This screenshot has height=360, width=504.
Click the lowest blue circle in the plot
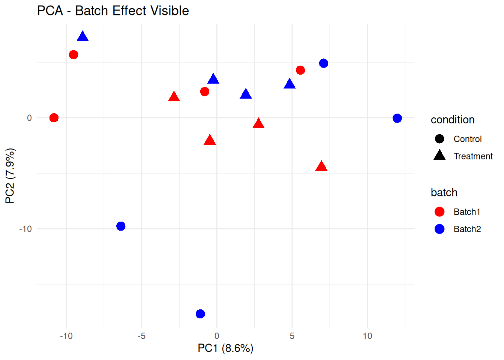click(200, 314)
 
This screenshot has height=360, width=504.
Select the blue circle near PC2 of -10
click(121, 226)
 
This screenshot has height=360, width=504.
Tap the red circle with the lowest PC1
click(54, 118)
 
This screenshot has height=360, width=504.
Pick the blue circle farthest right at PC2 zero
click(397, 118)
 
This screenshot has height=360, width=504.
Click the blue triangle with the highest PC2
click(82, 37)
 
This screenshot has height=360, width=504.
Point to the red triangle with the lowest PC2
click(321, 166)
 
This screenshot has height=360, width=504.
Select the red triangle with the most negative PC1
click(174, 97)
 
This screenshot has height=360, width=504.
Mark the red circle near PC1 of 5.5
click(300, 70)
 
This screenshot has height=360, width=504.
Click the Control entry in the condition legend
click(467, 139)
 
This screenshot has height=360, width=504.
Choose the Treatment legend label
click(473, 156)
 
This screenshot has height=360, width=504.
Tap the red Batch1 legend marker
click(439, 212)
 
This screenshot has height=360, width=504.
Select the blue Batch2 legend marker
click(439, 229)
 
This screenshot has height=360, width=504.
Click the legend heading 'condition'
click(453, 120)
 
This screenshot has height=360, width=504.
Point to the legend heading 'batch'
click(444, 192)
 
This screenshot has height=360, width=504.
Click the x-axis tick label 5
click(292, 336)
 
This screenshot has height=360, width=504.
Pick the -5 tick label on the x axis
click(141, 336)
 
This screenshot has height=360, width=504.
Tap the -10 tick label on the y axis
click(25, 229)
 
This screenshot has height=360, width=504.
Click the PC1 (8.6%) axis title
click(225, 348)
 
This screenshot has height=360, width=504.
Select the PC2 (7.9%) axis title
click(10, 175)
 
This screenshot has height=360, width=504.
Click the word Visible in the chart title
click(169, 10)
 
